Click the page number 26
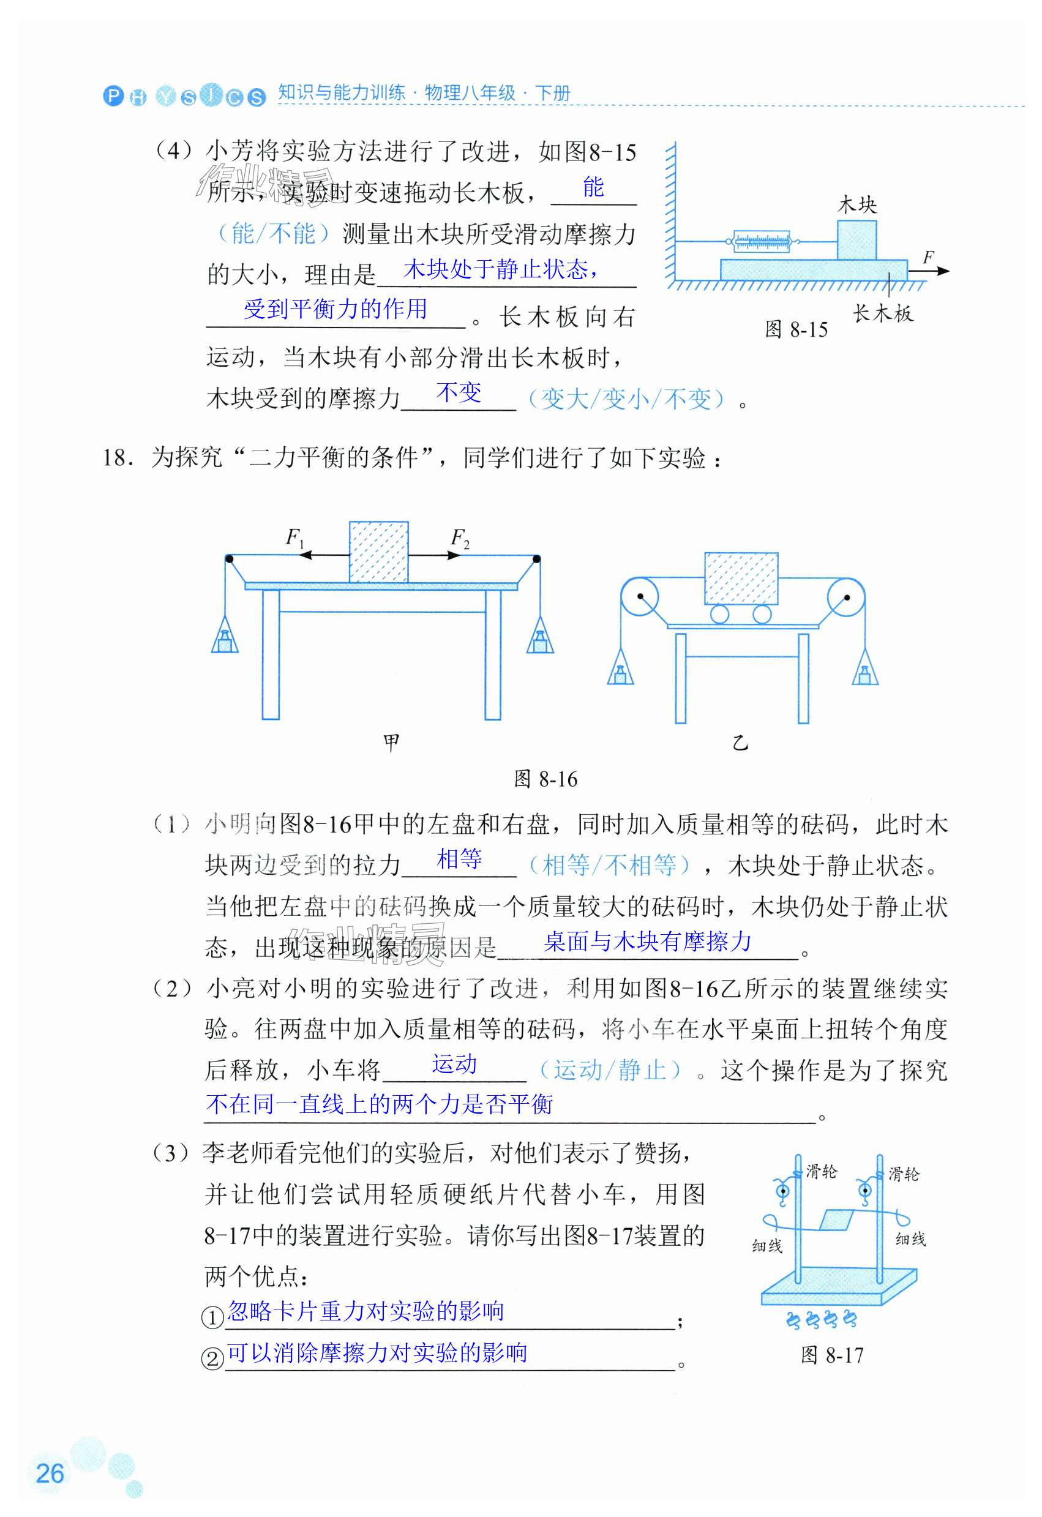[50, 1474]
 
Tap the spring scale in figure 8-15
[761, 242]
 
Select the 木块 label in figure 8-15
[856, 205]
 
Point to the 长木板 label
[883, 314]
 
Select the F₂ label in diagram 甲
[460, 539]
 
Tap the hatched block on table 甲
[379, 552]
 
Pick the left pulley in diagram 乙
[639, 597]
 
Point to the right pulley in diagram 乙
[846, 597]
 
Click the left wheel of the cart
[719, 614]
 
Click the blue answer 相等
[459, 859]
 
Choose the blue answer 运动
[454, 1064]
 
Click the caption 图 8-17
[832, 1356]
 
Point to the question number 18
[118, 457]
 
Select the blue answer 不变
[459, 393]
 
